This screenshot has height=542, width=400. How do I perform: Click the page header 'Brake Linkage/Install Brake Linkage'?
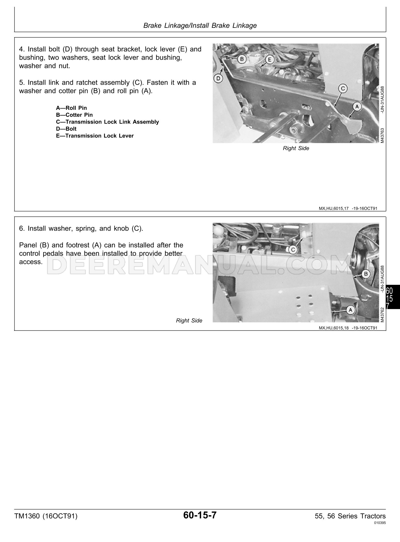point(200,25)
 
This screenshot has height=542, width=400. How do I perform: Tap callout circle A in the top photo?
point(357,106)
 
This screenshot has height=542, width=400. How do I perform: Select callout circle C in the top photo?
point(343,89)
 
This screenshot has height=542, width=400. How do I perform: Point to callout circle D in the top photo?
point(218,78)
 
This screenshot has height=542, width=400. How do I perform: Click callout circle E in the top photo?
point(270,60)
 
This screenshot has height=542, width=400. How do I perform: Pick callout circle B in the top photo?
point(242,59)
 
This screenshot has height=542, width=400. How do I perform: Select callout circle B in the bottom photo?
point(366,274)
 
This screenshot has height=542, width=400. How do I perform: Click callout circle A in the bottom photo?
point(350,310)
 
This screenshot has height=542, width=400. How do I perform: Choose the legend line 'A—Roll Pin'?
point(71,108)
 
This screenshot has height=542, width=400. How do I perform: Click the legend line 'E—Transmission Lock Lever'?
point(95,136)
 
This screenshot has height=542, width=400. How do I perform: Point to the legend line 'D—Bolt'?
point(66,129)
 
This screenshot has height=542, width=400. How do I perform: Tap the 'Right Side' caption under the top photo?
point(296,148)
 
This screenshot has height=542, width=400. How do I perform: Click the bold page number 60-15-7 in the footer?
point(200,515)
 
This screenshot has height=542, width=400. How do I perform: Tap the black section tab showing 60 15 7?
point(392,297)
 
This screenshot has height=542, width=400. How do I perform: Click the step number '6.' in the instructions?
point(22,229)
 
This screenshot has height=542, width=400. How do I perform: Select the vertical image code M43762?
point(382,315)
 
